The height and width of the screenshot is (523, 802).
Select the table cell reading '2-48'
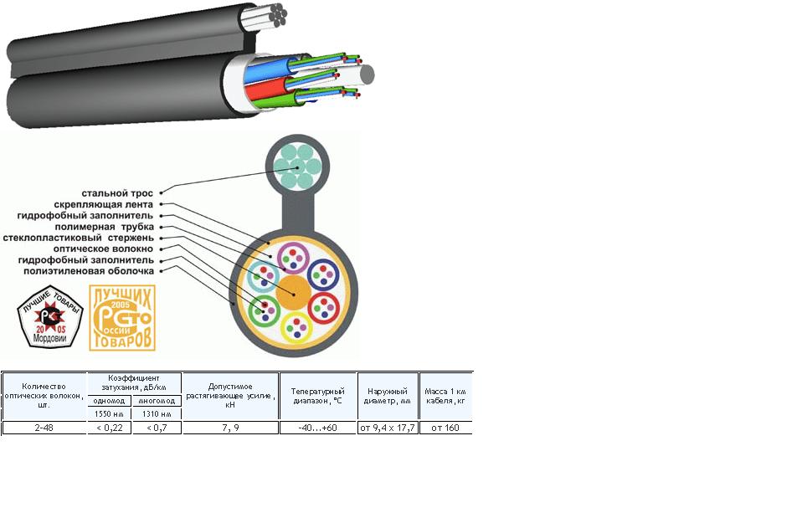tap(44, 428)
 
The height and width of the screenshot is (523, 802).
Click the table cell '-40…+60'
tap(318, 428)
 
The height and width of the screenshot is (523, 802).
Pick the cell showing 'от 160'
tap(446, 428)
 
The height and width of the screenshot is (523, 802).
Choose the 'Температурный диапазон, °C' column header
tap(318, 396)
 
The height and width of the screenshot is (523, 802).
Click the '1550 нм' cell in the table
tap(109, 413)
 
